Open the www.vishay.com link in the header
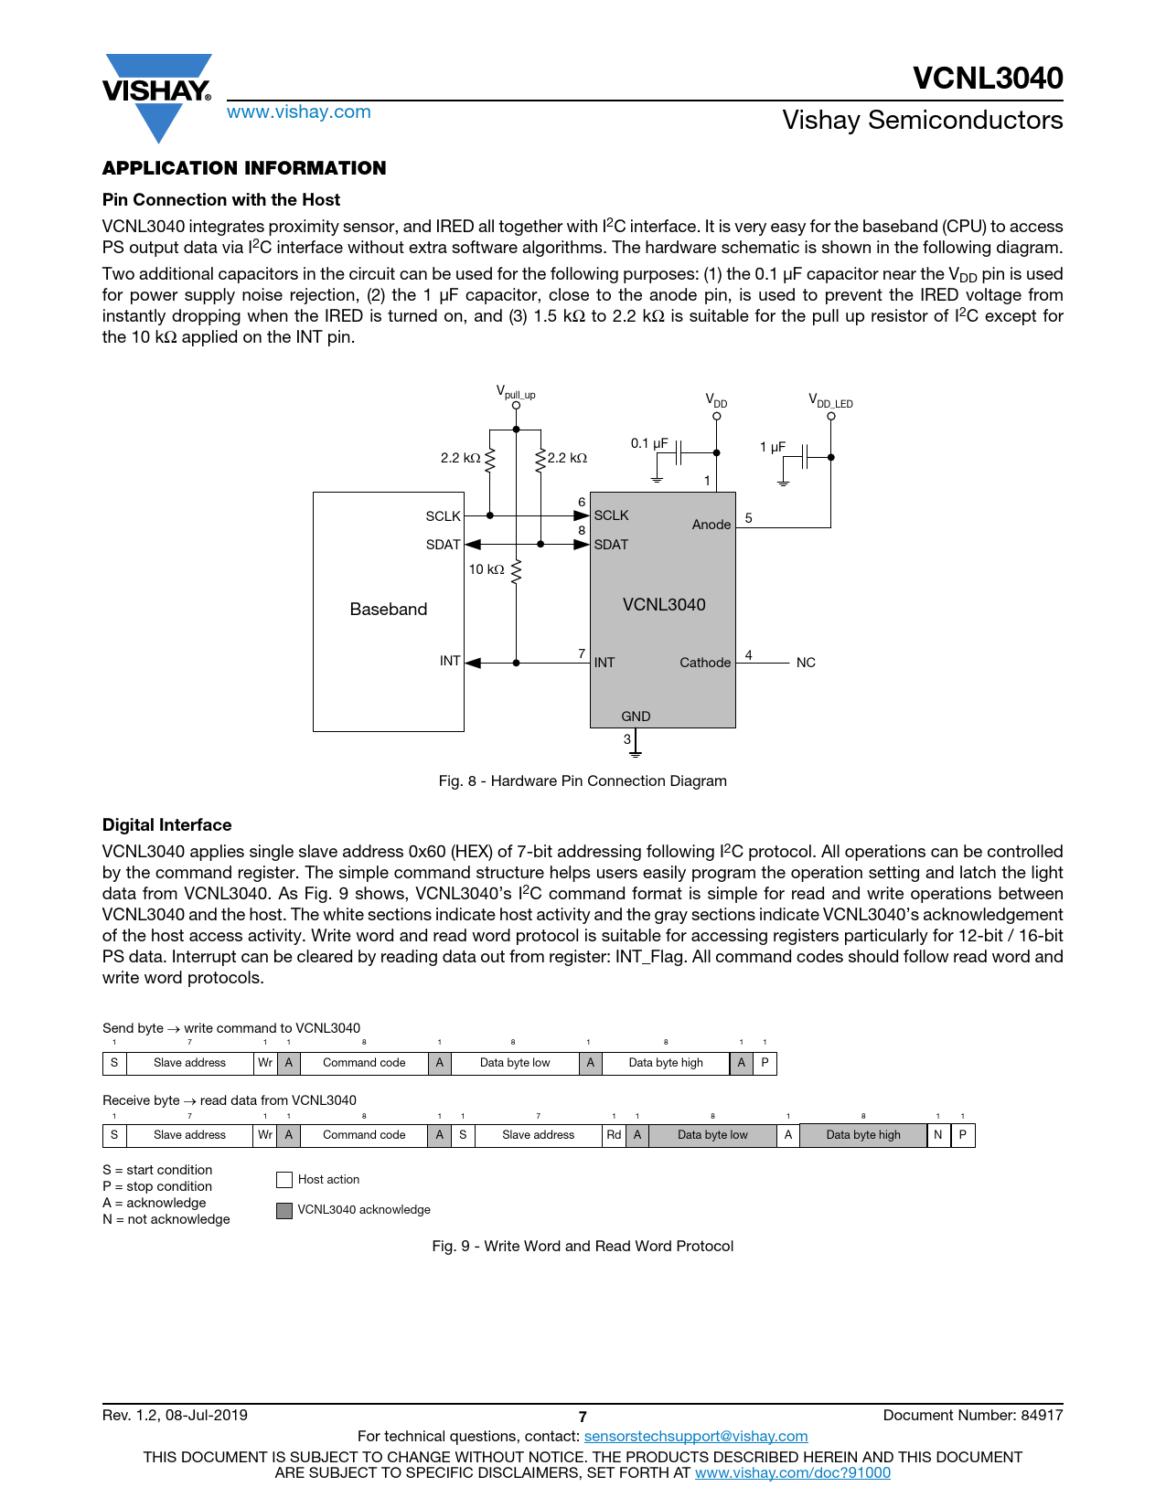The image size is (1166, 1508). click(298, 112)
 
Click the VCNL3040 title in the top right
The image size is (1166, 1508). click(988, 79)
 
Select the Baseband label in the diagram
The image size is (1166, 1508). click(388, 610)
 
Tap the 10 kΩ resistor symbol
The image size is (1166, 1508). click(516, 571)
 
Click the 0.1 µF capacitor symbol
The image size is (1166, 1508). click(679, 452)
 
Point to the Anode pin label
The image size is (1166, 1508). click(711, 525)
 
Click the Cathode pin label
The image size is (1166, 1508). click(704, 663)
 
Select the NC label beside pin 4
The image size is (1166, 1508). click(805, 663)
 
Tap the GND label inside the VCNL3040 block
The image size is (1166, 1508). click(636, 717)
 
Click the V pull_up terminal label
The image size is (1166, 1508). click(516, 392)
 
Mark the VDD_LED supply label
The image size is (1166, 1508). click(829, 400)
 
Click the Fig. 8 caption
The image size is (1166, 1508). click(583, 781)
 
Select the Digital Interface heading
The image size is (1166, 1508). click(166, 825)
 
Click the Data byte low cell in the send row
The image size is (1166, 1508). click(515, 1063)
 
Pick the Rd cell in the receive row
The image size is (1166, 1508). click(614, 1135)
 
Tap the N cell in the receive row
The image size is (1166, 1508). click(937, 1135)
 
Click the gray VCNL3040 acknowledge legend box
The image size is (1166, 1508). click(284, 1210)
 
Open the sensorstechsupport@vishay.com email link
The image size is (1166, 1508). click(695, 1437)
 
